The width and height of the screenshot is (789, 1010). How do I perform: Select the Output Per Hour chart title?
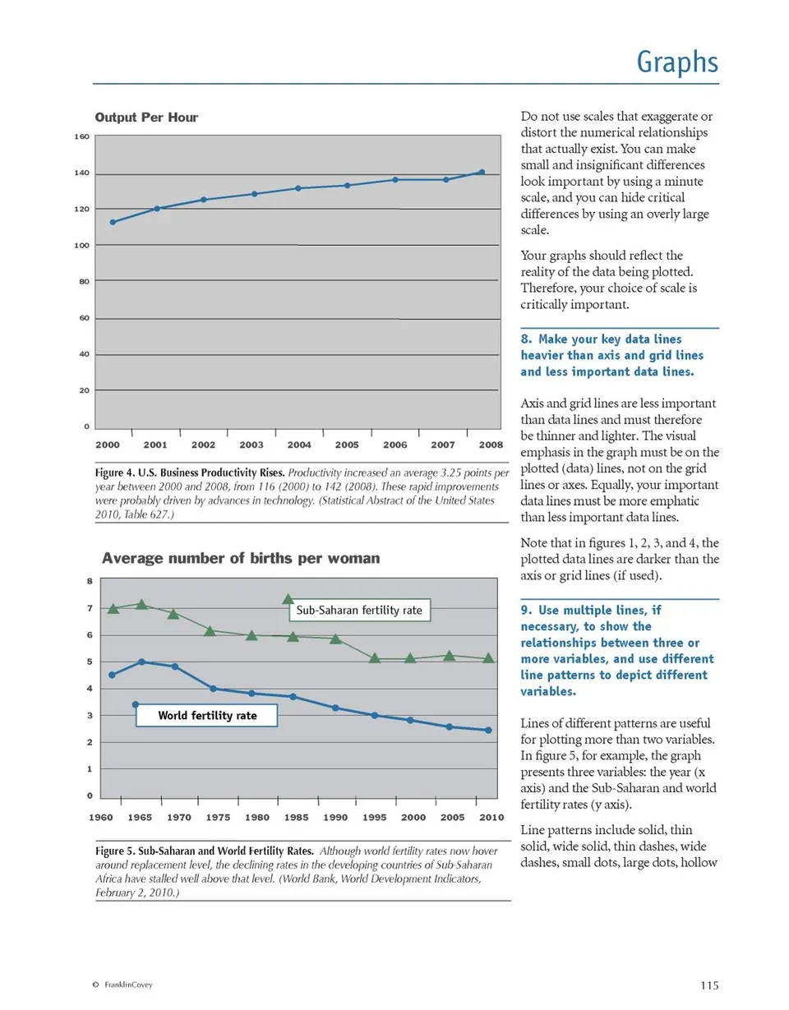(147, 118)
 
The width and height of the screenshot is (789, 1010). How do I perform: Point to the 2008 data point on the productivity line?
(482, 172)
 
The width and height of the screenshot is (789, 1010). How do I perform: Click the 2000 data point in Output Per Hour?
(113, 222)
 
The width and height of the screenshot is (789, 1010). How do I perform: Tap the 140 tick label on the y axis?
(82, 173)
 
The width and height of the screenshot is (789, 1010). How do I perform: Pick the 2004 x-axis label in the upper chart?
(299, 445)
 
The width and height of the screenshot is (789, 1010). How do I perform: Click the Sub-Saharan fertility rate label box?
(359, 611)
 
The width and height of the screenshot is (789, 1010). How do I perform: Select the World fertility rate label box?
(207, 716)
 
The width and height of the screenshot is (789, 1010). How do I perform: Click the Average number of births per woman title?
(241, 559)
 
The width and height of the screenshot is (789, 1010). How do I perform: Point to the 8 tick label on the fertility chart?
(90, 581)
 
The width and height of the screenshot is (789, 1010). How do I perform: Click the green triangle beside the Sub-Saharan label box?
(288, 600)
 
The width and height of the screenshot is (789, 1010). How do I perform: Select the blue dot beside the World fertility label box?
(135, 704)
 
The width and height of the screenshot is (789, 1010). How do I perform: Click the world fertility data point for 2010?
(489, 730)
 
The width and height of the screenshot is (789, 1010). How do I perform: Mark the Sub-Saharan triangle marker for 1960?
(113, 608)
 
